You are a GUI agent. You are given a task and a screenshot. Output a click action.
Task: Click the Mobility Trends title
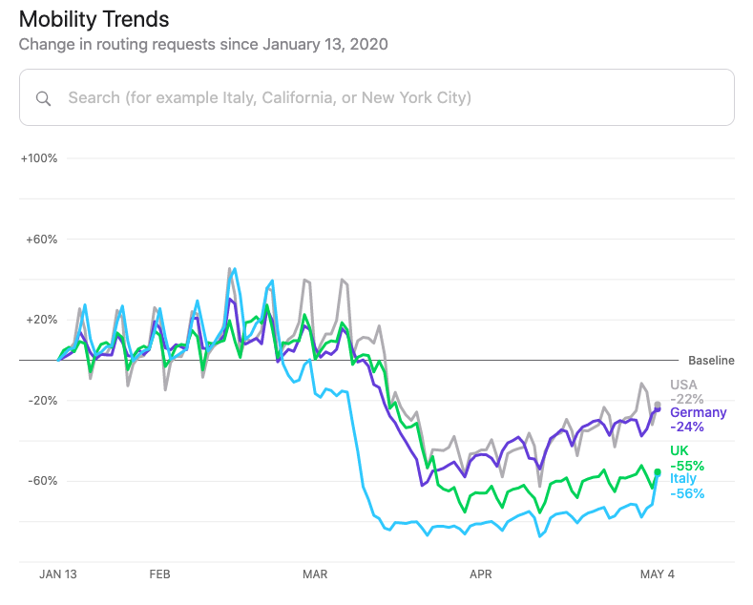[94, 19]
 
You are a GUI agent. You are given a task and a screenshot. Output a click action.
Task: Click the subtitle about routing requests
[203, 44]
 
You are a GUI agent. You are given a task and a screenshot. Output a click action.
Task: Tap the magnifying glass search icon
[43, 97]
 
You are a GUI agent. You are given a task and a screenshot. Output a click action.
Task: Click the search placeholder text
[269, 97]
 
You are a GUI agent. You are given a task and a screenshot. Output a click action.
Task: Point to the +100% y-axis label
[39, 158]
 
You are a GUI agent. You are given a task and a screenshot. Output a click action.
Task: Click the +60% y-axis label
[42, 240]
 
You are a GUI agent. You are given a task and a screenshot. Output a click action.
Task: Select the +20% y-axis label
[42, 320]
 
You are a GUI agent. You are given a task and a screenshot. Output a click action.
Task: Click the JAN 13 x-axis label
[57, 574]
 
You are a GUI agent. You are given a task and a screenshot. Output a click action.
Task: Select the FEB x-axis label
[159, 574]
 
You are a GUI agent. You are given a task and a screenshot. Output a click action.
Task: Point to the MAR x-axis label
[314, 574]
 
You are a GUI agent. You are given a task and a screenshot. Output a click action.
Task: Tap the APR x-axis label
[480, 574]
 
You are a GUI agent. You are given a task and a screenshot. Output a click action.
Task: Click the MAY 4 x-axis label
[657, 574]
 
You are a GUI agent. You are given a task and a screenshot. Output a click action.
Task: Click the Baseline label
[711, 361]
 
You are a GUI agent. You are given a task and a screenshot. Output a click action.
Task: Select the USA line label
[683, 386]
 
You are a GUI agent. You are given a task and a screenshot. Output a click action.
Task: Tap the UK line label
[680, 451]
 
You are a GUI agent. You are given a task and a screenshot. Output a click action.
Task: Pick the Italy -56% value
[687, 493]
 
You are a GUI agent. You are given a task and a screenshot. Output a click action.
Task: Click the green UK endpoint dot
[658, 472]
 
